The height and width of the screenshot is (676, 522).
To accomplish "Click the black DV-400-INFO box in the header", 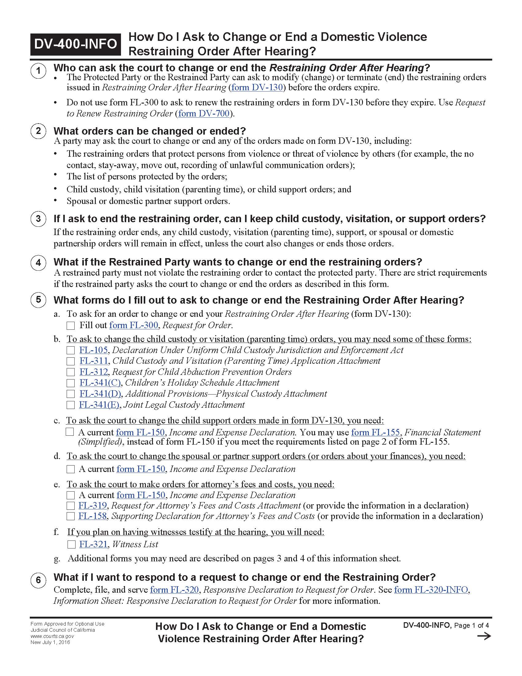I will tap(76, 44).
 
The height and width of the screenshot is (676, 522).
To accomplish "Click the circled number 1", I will tap(38, 71).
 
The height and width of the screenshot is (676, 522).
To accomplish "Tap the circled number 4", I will tap(38, 263).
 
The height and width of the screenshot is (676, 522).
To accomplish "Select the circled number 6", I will tap(38, 580).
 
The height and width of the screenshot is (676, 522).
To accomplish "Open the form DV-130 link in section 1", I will tap(257, 88).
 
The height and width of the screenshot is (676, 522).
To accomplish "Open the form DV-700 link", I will tap(204, 114).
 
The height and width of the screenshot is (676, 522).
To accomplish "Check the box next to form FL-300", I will tap(71, 326).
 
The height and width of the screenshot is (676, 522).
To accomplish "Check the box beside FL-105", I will tap(71, 350).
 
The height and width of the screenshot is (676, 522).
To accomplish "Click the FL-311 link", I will tap(94, 361).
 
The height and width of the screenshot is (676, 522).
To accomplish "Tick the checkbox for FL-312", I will tap(71, 372).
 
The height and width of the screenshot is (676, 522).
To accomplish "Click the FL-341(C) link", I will tap(100, 383).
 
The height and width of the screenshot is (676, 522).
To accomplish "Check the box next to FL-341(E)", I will tap(71, 405).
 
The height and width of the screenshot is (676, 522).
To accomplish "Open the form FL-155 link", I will tap(376, 432).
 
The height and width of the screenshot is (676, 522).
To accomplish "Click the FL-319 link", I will tap(92, 505).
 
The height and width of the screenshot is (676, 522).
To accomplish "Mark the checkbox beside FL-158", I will tap(71, 516).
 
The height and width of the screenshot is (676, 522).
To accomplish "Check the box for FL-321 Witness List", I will tap(72, 544).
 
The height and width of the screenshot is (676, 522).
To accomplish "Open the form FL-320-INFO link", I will tap(431, 590).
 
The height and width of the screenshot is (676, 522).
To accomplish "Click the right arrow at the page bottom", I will tap(484, 636).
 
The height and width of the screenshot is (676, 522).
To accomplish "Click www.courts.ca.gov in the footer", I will tap(52, 636).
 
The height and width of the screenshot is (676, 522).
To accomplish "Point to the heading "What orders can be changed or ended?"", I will tap(149, 131).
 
